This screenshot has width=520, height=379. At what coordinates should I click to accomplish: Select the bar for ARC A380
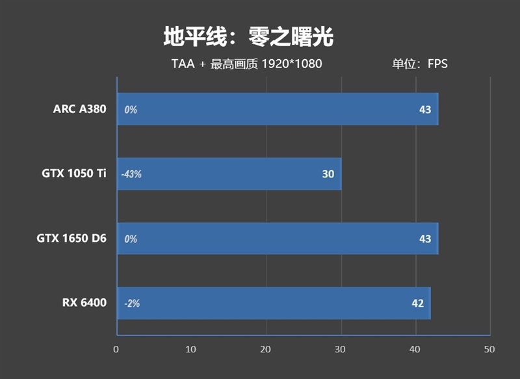pyautogui.click(x=278, y=109)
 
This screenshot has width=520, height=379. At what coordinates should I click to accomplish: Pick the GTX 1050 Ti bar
pyautogui.click(x=229, y=174)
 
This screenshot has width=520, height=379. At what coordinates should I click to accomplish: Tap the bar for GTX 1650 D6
pyautogui.click(x=278, y=239)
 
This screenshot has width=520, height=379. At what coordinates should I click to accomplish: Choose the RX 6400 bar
pyautogui.click(x=274, y=303)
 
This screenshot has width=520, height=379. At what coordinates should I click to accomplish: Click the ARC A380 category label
pyautogui.click(x=79, y=109)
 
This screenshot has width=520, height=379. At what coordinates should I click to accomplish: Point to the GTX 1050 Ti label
pyautogui.click(x=74, y=174)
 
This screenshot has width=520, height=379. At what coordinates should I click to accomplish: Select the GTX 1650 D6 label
pyautogui.click(x=71, y=239)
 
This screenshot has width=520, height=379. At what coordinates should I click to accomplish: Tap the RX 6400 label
pyautogui.click(x=84, y=303)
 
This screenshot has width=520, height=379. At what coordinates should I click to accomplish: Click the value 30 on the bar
pyautogui.click(x=328, y=174)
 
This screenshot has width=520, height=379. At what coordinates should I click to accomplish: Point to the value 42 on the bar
pyautogui.click(x=417, y=304)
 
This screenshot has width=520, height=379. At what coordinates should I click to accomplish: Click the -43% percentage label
pyautogui.click(x=131, y=174)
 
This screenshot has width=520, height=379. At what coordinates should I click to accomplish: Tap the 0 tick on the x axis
pyautogui.click(x=116, y=349)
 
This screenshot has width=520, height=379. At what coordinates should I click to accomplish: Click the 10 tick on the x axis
pyautogui.click(x=190, y=349)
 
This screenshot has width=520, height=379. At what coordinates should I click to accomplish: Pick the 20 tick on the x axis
pyautogui.click(x=265, y=349)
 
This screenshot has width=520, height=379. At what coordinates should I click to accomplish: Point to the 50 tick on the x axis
pyautogui.click(x=489, y=349)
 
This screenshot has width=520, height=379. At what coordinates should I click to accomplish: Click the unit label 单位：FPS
pyautogui.click(x=419, y=64)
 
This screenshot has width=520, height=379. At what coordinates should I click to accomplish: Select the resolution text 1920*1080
pyautogui.click(x=292, y=64)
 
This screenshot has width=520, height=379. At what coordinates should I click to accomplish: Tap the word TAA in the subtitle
pyautogui.click(x=183, y=64)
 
